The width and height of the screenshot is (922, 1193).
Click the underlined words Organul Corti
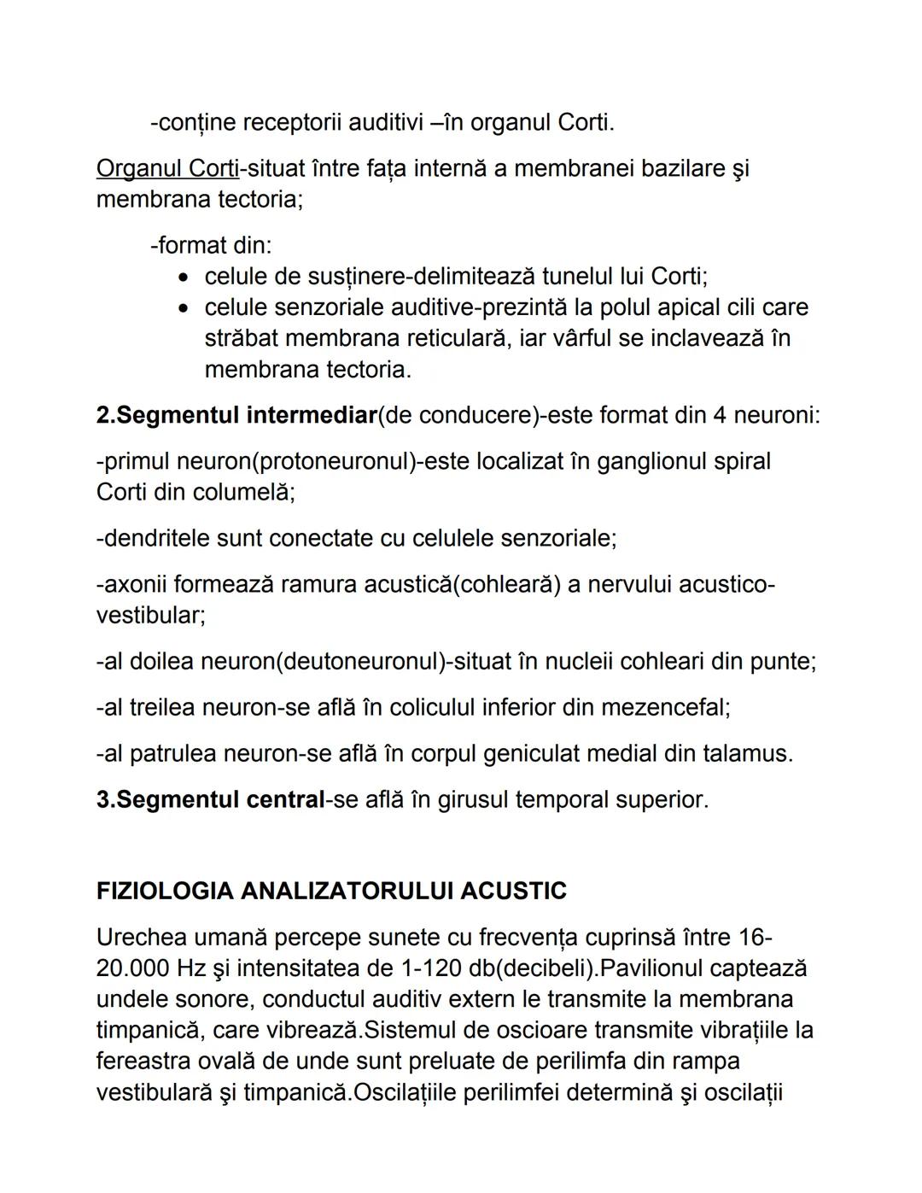click(x=167, y=168)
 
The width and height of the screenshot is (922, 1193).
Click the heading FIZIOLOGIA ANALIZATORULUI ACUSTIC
click(x=331, y=891)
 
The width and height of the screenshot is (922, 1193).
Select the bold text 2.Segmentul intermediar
click(x=236, y=415)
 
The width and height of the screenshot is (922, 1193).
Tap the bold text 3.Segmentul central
click(x=210, y=799)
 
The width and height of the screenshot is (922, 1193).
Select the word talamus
click(x=745, y=753)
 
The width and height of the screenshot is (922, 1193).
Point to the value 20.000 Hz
click(x=145, y=968)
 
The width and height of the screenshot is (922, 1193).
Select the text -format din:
click(x=211, y=245)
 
